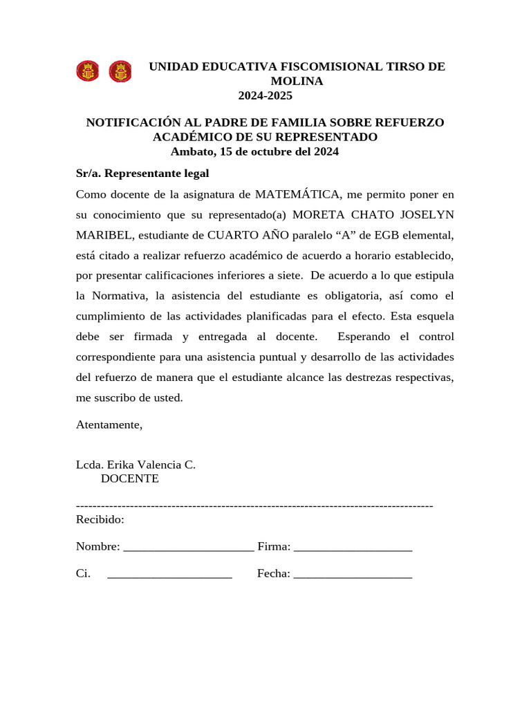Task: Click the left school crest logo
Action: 87,71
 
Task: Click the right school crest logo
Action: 120,71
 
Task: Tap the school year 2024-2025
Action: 265,95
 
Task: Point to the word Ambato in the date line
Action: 192,151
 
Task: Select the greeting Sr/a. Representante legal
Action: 142,173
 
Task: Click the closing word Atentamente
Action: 109,425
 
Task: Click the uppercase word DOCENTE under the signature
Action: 130,478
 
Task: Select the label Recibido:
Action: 100,519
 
